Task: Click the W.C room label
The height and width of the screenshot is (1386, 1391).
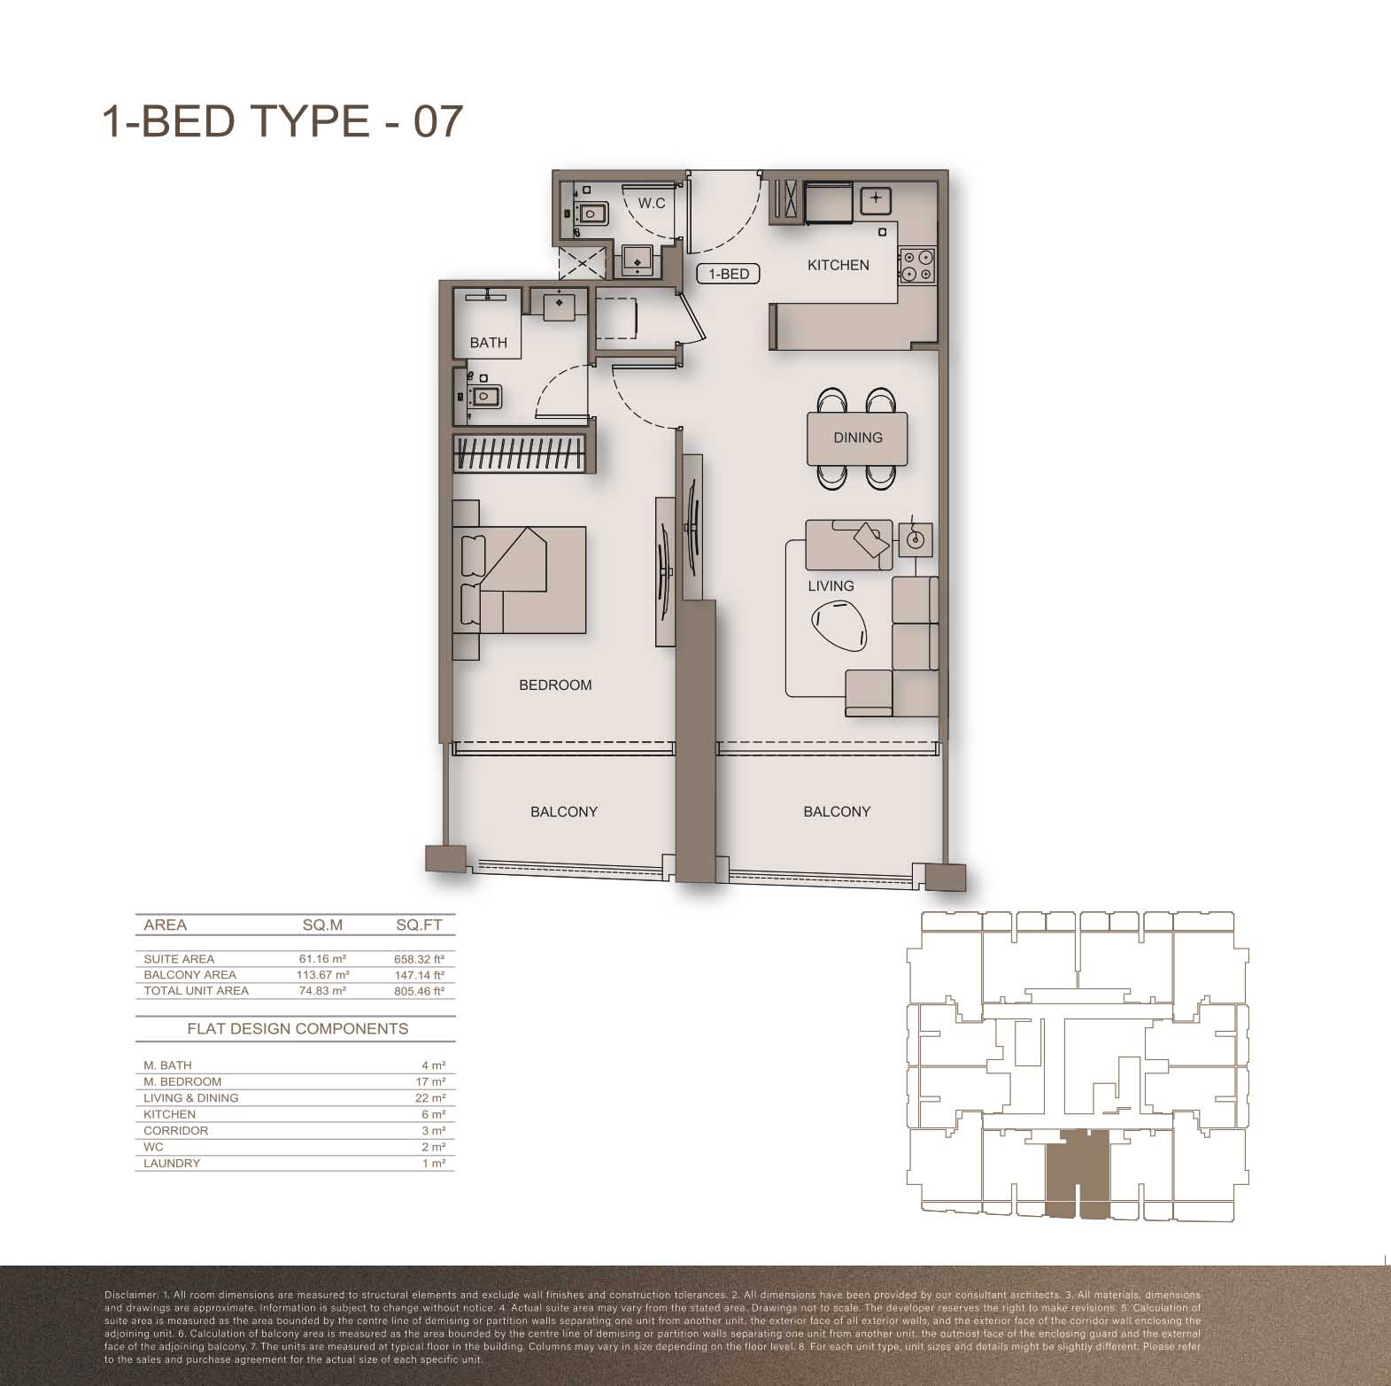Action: click(x=652, y=203)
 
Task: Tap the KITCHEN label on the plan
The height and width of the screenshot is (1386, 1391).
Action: click(x=838, y=265)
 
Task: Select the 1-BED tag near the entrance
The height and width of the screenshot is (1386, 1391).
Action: click(x=729, y=274)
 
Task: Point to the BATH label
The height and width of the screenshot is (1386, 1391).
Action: click(x=489, y=343)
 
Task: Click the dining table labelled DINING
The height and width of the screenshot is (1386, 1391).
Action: click(x=858, y=437)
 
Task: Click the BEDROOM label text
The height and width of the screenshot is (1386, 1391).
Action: click(x=555, y=685)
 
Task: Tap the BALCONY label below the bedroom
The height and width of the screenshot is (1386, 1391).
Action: click(x=564, y=811)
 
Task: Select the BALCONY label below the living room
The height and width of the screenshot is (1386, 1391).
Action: click(x=837, y=811)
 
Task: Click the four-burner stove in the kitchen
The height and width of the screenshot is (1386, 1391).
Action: click(x=917, y=267)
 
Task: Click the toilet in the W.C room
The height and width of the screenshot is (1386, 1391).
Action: click(x=590, y=213)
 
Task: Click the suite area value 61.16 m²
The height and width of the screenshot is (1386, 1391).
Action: click(x=322, y=959)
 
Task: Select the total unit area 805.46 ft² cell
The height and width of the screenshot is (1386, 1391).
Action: click(x=419, y=991)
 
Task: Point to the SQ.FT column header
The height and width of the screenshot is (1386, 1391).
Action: click(x=419, y=925)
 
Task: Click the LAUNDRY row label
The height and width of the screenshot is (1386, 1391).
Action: click(x=172, y=1163)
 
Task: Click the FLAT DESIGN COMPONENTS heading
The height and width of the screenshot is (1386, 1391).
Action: click(x=298, y=1028)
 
